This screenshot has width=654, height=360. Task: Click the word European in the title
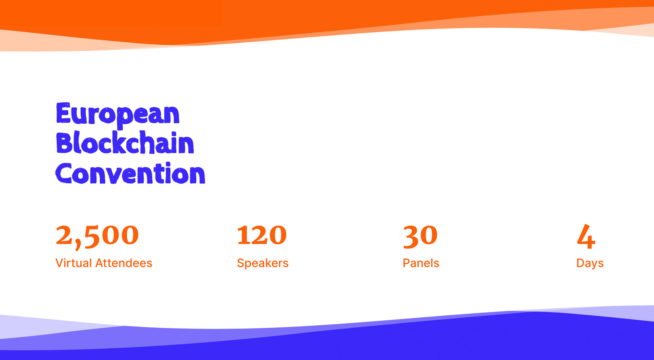click(118, 115)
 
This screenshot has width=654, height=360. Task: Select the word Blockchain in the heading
click(125, 142)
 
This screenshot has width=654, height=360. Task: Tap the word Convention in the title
click(130, 173)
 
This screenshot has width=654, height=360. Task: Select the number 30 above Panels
click(420, 237)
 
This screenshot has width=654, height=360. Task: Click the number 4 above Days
click(586, 237)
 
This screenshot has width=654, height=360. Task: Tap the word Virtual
click(74, 263)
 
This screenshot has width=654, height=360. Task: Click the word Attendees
click(124, 263)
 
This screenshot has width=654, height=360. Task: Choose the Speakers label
click(263, 263)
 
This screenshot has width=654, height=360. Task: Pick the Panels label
click(421, 263)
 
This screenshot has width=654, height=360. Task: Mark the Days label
click(590, 263)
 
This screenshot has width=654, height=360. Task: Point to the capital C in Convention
click(63, 173)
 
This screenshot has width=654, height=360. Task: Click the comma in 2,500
click(77, 245)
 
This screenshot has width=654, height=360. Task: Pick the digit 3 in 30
click(411, 237)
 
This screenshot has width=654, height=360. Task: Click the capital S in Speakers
click(241, 263)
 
